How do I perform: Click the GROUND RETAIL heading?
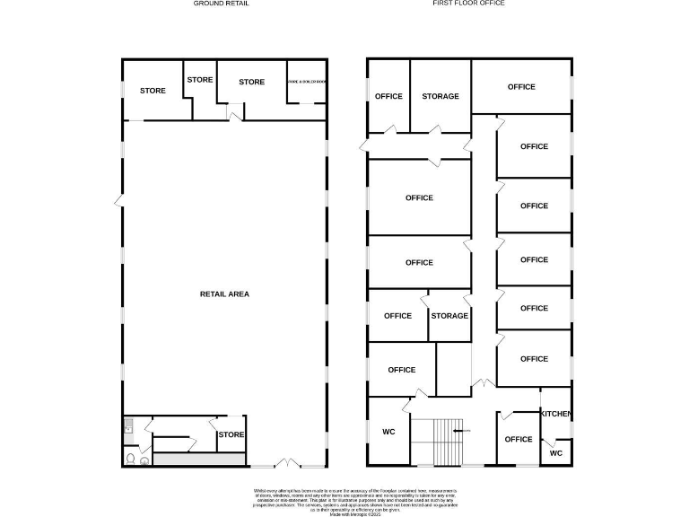(x=222, y=4)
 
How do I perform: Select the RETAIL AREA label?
(x=224, y=294)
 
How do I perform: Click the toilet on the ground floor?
(x=131, y=459)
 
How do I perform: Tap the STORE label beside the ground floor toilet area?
(x=231, y=435)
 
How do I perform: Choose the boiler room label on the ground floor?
(x=307, y=82)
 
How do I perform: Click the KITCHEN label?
(x=555, y=413)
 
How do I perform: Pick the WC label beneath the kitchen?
(x=555, y=453)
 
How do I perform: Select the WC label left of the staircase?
(x=388, y=432)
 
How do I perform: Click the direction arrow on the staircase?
(x=458, y=431)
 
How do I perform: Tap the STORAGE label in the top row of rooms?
(x=440, y=96)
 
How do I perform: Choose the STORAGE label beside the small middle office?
(x=449, y=316)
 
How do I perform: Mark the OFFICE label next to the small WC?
(x=519, y=439)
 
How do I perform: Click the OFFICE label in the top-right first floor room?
(x=521, y=87)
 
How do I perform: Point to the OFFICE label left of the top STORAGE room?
(x=388, y=96)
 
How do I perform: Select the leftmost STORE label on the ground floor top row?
(x=153, y=91)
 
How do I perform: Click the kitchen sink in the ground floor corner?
(x=128, y=428)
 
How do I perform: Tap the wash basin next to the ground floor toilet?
(x=144, y=460)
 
